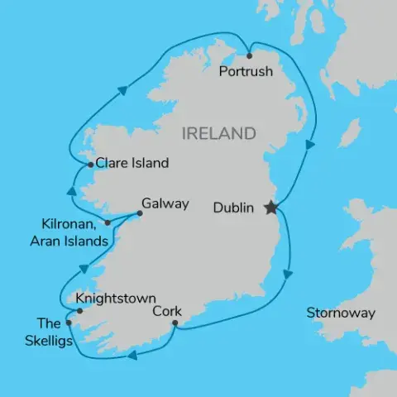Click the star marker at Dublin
[x=270, y=208]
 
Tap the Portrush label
[x=246, y=72]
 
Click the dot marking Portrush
[x=250, y=56]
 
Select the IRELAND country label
[x=218, y=133]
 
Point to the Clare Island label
[x=132, y=163]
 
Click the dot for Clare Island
[x=90, y=165]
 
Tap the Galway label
[x=165, y=203]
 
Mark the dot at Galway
[x=139, y=213]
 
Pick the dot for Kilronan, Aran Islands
[x=108, y=222]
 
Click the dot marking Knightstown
[x=79, y=311]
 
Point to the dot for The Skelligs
[x=69, y=323]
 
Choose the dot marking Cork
[x=175, y=323]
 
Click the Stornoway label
[x=341, y=313]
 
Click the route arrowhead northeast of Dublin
[x=309, y=145]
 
